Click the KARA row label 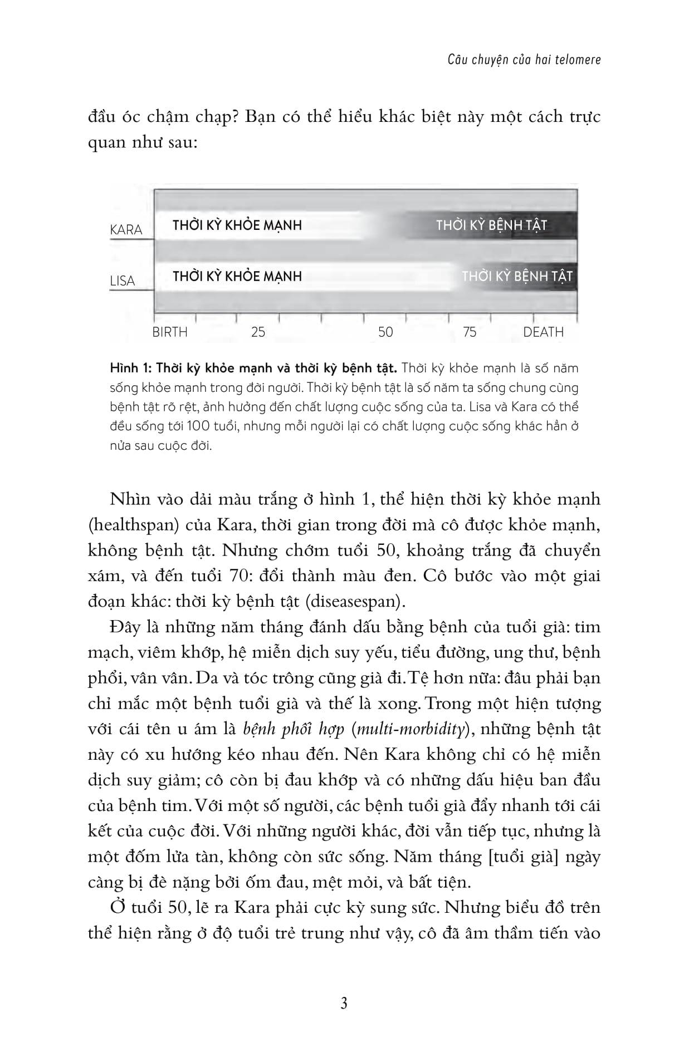pyautogui.click(x=126, y=230)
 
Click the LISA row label pyautogui.click(x=123, y=281)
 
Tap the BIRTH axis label pyautogui.click(x=170, y=332)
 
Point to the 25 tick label pyautogui.click(x=258, y=332)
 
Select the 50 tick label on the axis pyautogui.click(x=385, y=332)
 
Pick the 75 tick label pyautogui.click(x=470, y=332)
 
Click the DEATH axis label pyautogui.click(x=543, y=332)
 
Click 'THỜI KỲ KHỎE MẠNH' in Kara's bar pyautogui.click(x=237, y=225)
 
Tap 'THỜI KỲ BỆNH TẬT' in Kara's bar pyautogui.click(x=491, y=225)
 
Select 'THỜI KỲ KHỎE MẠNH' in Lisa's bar pyautogui.click(x=237, y=276)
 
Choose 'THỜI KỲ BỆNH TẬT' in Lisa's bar pyautogui.click(x=517, y=276)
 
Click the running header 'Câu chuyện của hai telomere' pyautogui.click(x=524, y=60)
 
